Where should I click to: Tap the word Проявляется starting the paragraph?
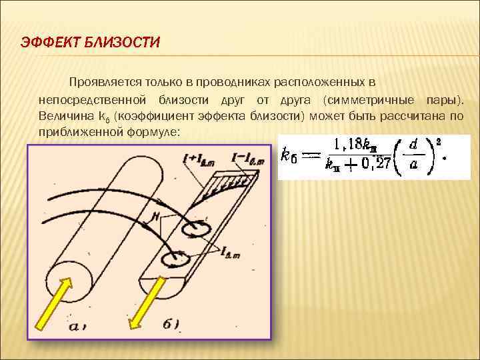pos(102,82)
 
